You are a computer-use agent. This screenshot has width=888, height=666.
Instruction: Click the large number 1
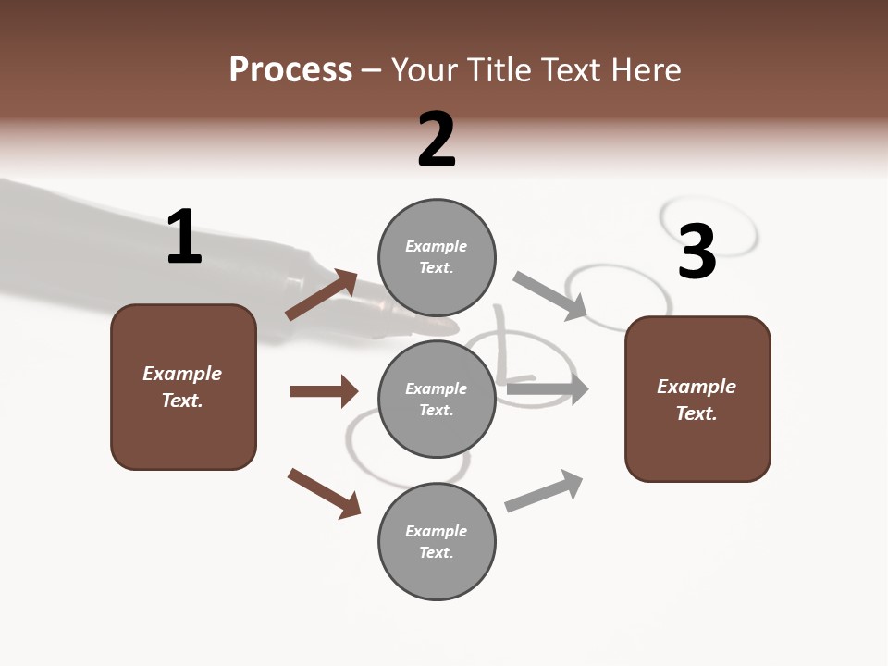(184, 237)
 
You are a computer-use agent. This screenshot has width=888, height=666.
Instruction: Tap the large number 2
(437, 140)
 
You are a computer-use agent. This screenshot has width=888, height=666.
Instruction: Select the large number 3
(697, 252)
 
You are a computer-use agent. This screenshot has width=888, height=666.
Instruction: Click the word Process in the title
(290, 69)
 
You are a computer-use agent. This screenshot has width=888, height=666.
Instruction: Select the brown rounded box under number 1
(183, 387)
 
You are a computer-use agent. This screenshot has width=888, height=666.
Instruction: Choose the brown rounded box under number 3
(697, 399)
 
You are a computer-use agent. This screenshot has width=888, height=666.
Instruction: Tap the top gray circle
(437, 256)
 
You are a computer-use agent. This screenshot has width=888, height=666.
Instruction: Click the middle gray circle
(437, 399)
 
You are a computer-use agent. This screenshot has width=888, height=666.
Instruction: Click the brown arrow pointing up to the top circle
(321, 295)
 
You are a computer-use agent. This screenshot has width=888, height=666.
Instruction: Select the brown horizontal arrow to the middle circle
(324, 391)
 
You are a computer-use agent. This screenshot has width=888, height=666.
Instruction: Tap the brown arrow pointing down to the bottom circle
(324, 493)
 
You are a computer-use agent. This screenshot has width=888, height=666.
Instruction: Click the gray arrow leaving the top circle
(551, 296)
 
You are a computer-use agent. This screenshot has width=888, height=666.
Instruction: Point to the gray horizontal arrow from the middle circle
(548, 389)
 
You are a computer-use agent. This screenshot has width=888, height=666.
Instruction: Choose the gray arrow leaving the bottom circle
(545, 490)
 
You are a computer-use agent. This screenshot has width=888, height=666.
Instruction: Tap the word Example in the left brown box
(182, 374)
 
